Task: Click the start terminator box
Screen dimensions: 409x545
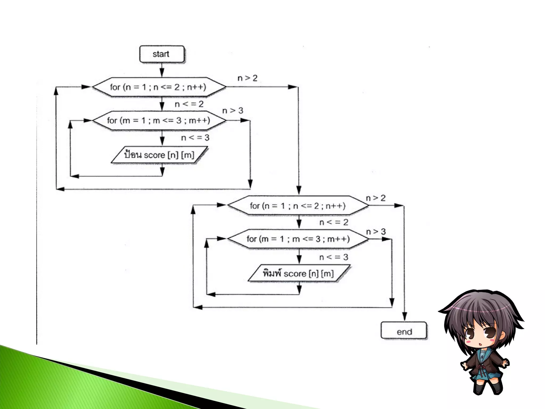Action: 162,54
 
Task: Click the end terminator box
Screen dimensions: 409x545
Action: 404,330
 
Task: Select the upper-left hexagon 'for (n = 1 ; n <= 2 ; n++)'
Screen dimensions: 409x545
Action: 159,87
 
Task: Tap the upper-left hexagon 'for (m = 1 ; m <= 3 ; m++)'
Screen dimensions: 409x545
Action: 159,121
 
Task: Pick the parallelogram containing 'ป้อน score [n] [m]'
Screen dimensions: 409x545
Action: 159,155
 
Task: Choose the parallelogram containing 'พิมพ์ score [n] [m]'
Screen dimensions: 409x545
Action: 299,273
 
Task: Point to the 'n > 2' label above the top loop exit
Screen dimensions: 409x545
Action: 247,78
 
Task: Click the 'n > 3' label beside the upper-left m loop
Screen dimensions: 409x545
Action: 233,111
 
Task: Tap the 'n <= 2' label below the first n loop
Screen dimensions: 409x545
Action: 189,104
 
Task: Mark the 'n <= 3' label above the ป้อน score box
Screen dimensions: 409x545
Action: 195,138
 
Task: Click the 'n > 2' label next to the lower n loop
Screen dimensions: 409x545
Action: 376,198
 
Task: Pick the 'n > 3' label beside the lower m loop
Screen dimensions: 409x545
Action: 376,232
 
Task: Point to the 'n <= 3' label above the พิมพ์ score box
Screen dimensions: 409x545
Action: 334,257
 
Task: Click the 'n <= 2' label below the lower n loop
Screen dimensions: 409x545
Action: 334,222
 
